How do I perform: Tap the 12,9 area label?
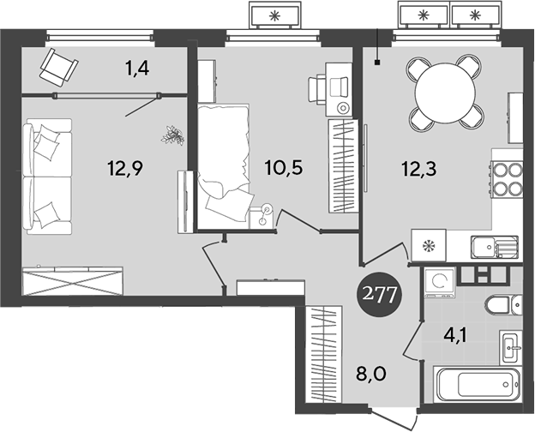pyautogui.click(x=124, y=168)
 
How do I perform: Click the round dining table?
pyautogui.click(x=441, y=91)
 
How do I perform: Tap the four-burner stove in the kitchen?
pyautogui.click(x=507, y=180)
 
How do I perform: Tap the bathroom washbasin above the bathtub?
pyautogui.click(x=511, y=347)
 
